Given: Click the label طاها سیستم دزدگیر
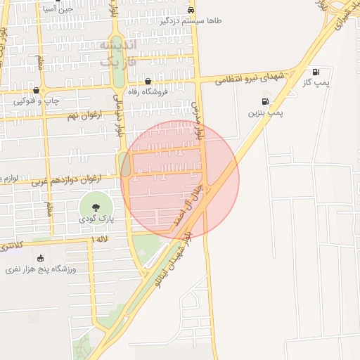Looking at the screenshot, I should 191,21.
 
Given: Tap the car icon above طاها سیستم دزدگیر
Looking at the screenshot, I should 192,10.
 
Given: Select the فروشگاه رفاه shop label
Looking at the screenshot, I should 146,91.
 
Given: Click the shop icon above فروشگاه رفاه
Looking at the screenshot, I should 148,82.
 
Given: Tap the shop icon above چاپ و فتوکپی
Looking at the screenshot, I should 37,91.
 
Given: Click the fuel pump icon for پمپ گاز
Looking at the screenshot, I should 315,72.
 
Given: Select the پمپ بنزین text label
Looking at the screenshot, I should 266,112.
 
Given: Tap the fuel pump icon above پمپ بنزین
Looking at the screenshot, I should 264,101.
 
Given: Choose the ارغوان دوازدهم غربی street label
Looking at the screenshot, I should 67,179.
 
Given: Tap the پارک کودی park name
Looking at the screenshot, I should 97,220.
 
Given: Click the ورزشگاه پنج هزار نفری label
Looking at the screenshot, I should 41,269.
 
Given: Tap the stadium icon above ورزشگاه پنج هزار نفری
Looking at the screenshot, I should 40,258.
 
